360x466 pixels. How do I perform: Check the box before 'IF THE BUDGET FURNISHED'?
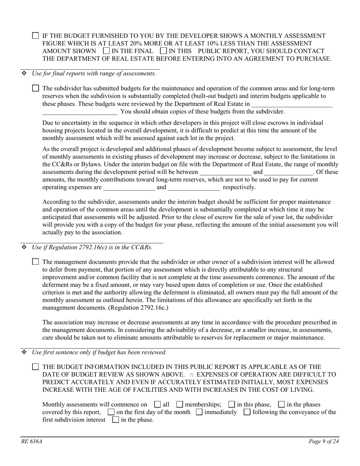[35, 36]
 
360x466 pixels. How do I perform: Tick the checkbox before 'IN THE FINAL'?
[106, 50]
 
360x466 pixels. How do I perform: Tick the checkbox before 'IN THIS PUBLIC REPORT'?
[163, 50]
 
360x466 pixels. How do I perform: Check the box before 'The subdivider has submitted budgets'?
[35, 88]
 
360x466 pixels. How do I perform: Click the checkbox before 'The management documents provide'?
[35, 261]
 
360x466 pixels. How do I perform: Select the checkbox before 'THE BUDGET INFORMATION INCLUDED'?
[35, 367]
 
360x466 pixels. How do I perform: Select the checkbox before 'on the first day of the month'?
[111, 412]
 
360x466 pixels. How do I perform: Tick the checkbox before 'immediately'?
[199, 412]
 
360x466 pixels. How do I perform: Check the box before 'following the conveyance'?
[247, 412]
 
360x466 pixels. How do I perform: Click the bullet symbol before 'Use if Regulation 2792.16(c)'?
[24, 247]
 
